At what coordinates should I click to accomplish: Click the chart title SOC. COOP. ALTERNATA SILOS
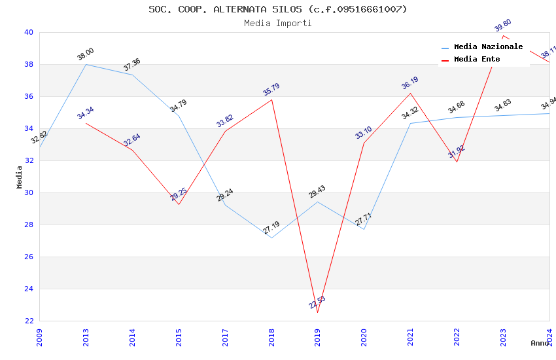click(278, 9)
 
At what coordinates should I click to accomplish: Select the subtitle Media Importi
click(278, 23)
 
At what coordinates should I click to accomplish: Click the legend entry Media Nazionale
click(488, 46)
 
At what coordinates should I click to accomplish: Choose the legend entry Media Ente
click(477, 59)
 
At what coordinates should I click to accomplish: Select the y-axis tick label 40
click(29, 32)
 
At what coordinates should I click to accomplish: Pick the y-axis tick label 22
click(29, 321)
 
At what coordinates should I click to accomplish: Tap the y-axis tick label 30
click(29, 192)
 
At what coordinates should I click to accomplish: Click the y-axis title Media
click(20, 177)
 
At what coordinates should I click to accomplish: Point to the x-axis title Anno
click(540, 343)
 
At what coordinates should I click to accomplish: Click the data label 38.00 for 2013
click(86, 54)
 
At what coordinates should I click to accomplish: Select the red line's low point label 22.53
click(317, 302)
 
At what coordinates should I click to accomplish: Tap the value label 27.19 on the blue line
click(271, 228)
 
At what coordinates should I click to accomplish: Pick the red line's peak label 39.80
click(503, 26)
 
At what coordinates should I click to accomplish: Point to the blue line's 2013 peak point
click(86, 64)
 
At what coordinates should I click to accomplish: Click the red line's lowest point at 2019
click(318, 312)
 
